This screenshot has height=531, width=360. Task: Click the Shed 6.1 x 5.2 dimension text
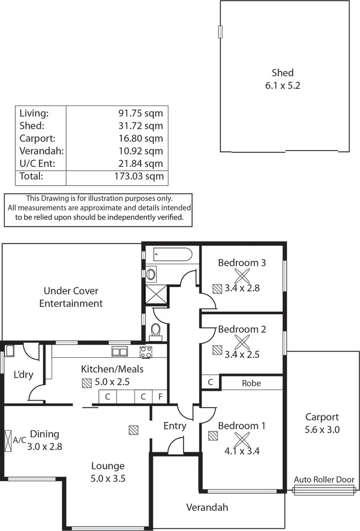283,86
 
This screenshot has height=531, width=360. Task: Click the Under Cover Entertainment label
71,297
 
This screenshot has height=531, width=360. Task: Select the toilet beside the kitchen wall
155,330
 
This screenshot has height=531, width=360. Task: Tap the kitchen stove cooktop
146,352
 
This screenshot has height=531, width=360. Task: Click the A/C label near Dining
19,440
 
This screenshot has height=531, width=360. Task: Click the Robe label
251,383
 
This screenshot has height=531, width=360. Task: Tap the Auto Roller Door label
324,479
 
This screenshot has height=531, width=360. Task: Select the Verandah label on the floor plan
207,507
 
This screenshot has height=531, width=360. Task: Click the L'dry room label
23,375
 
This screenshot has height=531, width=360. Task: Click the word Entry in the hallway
175,425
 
